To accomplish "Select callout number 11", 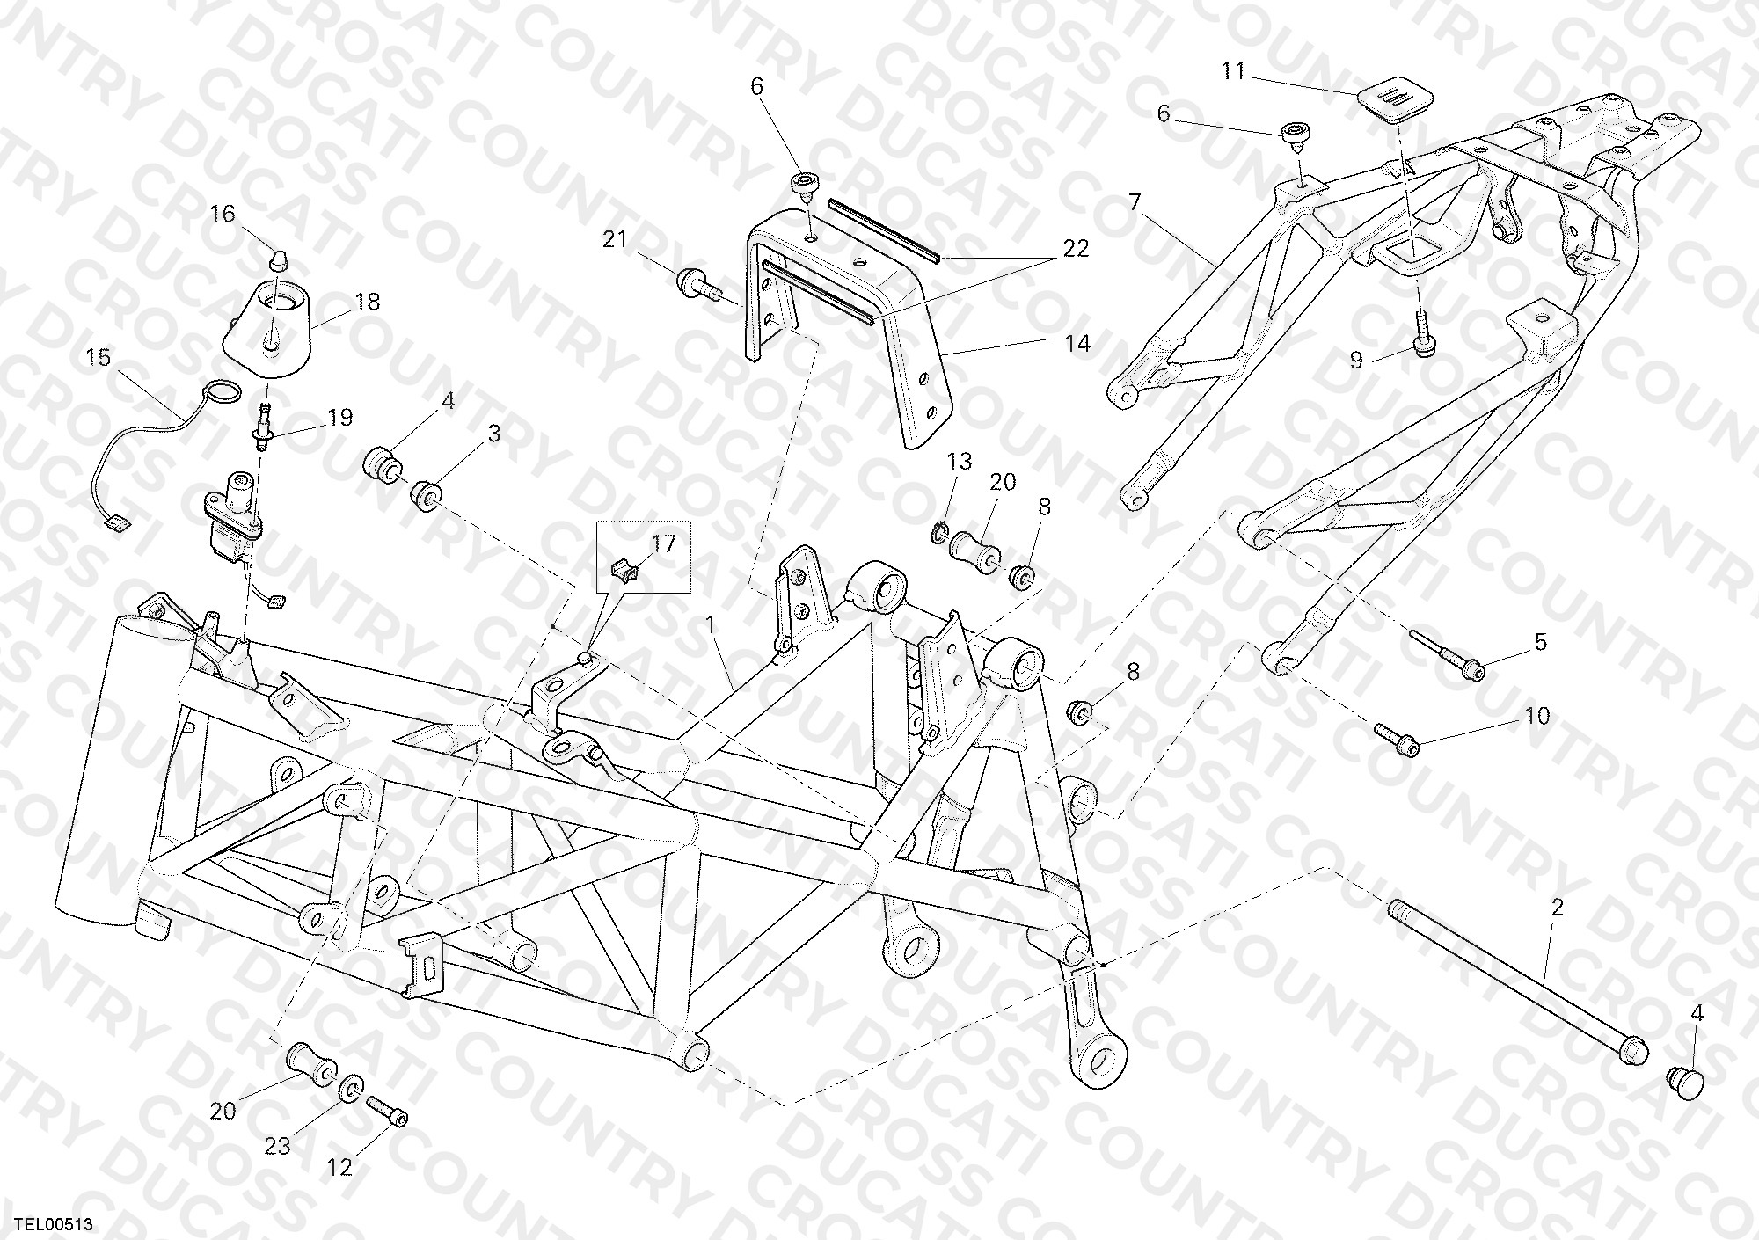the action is [1234, 71].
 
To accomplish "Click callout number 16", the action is [223, 214].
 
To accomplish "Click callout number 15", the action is [99, 357].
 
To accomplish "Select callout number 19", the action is [339, 417].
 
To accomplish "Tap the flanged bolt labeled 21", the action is [698, 286].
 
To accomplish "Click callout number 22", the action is [1076, 249].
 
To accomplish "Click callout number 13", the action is [960, 461].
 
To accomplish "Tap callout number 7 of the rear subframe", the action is [1135, 203].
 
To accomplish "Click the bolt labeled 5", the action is [1448, 665].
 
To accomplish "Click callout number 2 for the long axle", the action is [1557, 908].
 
